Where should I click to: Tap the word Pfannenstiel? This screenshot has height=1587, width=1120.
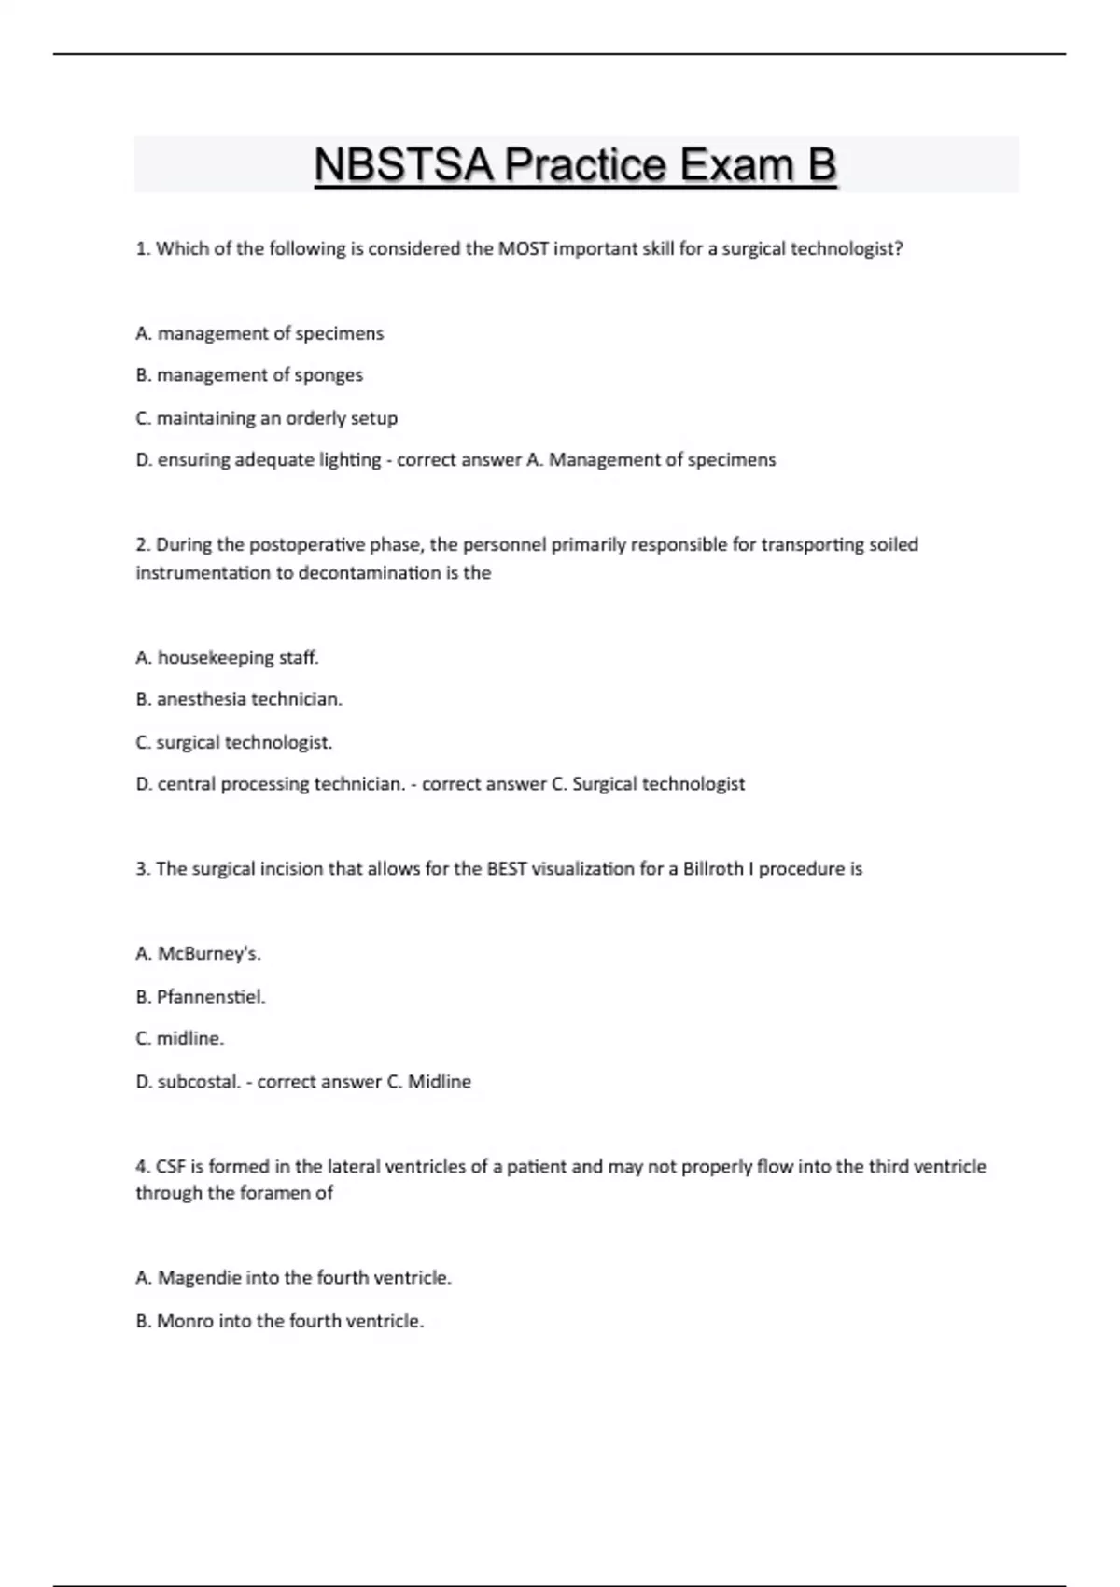pos(211,997)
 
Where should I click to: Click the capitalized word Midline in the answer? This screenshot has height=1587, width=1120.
pos(440,1082)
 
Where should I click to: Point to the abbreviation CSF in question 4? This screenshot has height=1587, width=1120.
pos(171,1167)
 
